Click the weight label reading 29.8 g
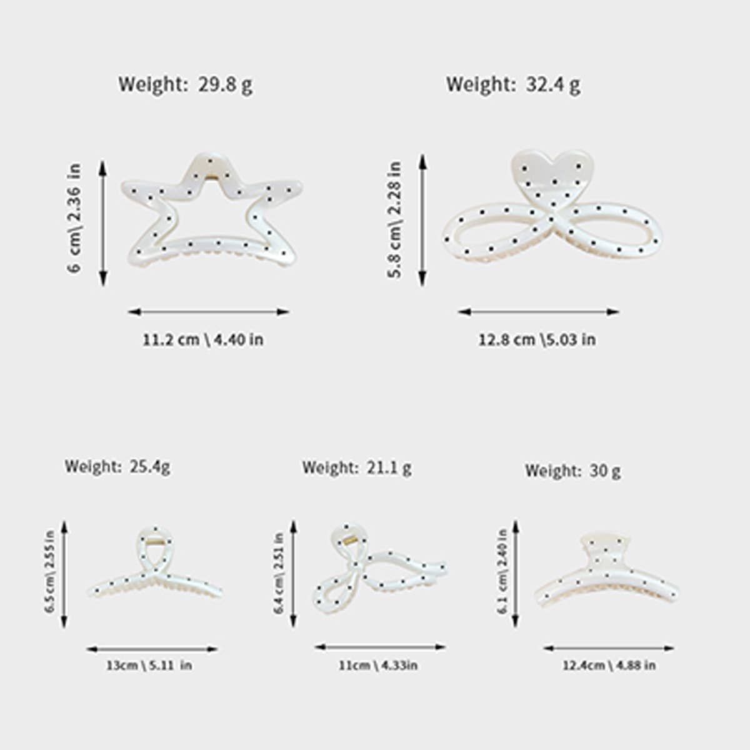186,84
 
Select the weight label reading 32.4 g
512,84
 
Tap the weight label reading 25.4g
117,466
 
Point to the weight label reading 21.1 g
357,467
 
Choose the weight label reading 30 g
572,471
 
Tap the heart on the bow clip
551,172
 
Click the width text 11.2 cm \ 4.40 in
202,339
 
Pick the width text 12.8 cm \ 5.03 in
537,339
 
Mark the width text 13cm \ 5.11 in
149,665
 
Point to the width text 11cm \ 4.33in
378,665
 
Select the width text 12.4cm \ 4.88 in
609,665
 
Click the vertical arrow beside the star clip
103,222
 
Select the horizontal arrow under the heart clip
538,311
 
